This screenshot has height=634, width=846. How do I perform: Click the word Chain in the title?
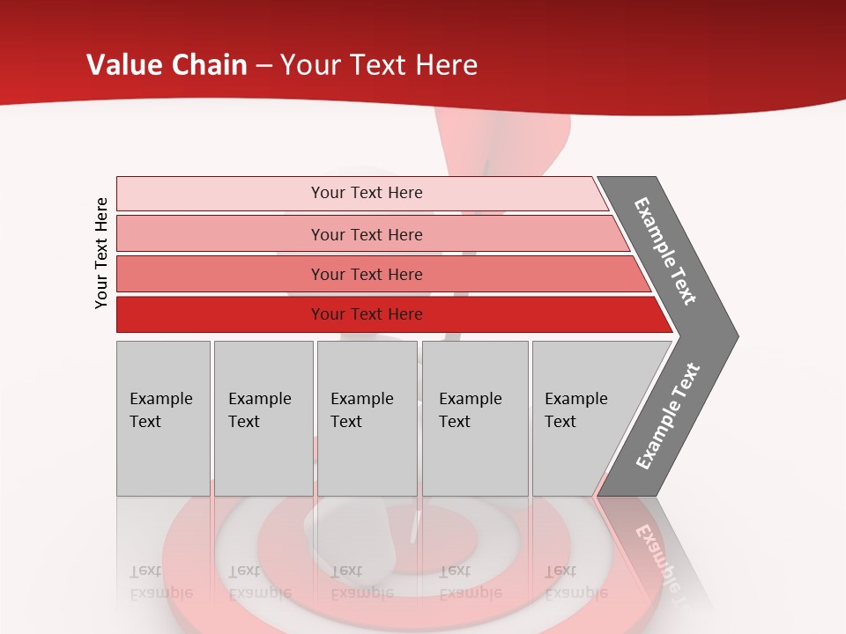209,65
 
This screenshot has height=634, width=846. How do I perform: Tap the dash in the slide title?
264,66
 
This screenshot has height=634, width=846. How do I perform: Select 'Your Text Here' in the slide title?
379,65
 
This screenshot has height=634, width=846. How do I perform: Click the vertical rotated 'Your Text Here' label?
101,253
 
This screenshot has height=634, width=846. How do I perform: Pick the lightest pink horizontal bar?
361,193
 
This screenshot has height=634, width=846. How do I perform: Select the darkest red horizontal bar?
388,314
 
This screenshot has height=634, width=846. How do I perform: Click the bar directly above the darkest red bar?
379,274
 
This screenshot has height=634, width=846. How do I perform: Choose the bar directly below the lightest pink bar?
370,234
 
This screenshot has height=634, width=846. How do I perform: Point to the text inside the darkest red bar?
367,314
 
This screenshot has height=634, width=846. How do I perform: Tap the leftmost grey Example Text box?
163,418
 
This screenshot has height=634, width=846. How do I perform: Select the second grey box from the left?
263,418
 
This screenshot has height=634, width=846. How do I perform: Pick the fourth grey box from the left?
475,418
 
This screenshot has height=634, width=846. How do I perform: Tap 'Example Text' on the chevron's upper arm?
665,251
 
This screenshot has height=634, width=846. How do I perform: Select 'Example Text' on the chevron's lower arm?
668,417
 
